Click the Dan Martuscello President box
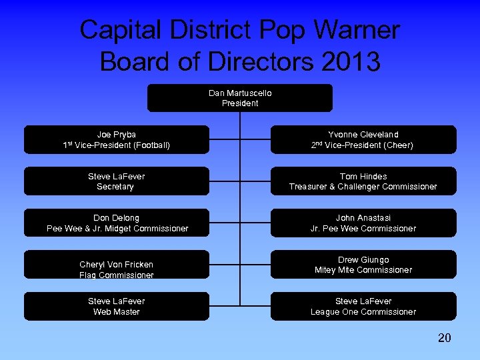coord(240,98)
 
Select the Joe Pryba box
coord(117,139)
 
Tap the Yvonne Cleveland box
coord(363,139)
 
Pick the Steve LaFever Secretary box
coord(117,181)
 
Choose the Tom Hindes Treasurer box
coord(363,181)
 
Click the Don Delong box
coord(117,223)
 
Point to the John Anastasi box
coord(363,223)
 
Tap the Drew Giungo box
coord(363,265)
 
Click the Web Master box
coord(117,306)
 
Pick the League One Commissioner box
coord(363,306)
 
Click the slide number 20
coord(444,338)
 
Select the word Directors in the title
coord(260,61)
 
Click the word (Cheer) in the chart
coord(398,145)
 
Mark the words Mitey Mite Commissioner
coord(363,270)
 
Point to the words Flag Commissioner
coord(117,275)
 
